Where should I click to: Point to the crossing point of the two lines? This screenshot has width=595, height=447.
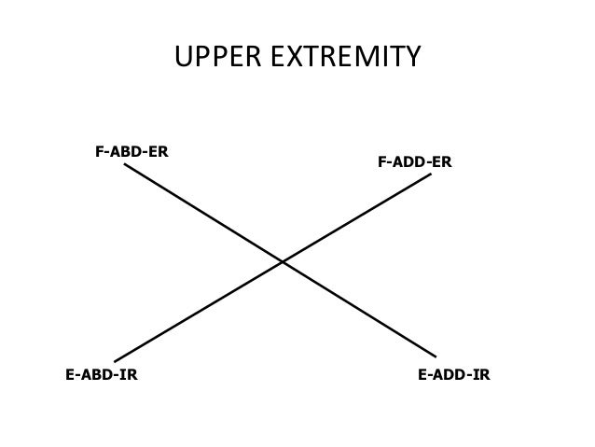click(283, 262)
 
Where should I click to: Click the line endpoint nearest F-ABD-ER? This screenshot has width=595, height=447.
click(125, 165)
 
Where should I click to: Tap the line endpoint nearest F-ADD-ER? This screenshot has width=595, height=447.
click(431, 174)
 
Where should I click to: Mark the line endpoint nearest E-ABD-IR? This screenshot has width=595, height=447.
click(115, 361)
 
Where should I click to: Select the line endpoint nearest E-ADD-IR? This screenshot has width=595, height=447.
click(436, 356)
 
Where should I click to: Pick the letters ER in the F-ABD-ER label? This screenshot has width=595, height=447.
click(159, 150)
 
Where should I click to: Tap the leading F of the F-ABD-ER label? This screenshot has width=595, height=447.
click(100, 150)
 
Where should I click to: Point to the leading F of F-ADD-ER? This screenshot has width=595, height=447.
click(382, 162)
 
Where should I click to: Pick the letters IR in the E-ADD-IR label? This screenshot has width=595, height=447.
click(481, 376)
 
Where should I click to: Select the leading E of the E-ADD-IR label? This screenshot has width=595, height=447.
click(422, 376)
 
